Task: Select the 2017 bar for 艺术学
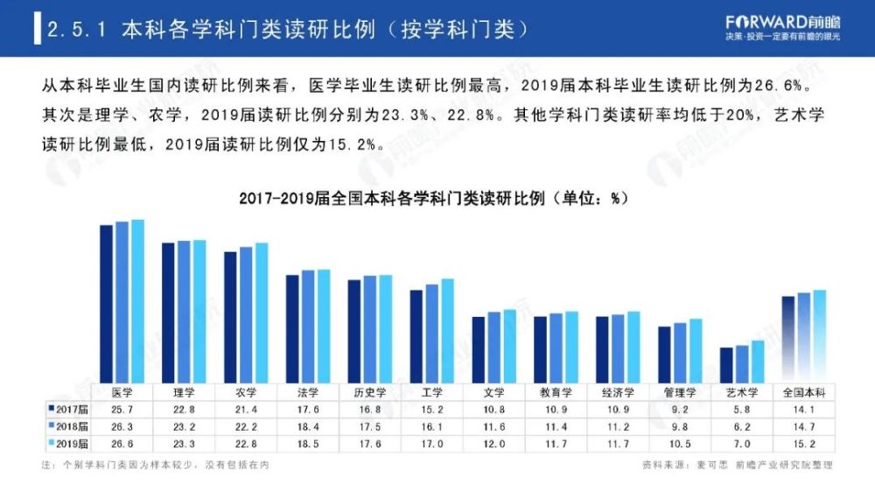[x=726, y=364]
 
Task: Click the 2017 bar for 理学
[x=168, y=312]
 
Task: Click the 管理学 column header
[x=680, y=392]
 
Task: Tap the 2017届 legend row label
[x=68, y=409]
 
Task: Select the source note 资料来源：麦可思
[x=673, y=465]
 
